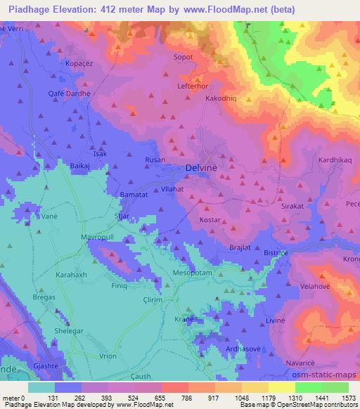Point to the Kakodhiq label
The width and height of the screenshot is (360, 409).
pos(221,99)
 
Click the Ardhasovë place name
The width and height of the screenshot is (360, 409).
pos(226,348)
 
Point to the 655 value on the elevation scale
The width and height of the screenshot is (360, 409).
pos(134,398)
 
